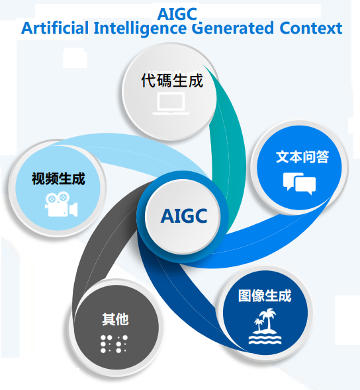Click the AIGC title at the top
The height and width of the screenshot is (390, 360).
pyautogui.click(x=177, y=14)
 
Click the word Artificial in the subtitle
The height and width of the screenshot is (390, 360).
pyautogui.click(x=55, y=28)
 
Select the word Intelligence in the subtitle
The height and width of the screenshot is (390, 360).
pyautogui.click(x=140, y=29)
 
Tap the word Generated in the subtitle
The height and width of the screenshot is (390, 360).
pyautogui.click(x=232, y=28)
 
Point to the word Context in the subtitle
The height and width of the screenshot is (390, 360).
pyautogui.click(x=311, y=28)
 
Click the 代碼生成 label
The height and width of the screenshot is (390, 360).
pyautogui.click(x=172, y=81)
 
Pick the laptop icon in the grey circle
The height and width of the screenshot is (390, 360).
pyautogui.click(x=171, y=103)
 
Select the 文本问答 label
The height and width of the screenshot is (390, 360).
pyautogui.click(x=302, y=157)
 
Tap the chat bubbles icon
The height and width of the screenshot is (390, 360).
pyautogui.click(x=299, y=183)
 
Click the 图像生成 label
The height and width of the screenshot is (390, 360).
pyautogui.click(x=265, y=295)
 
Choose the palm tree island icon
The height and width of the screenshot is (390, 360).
pyautogui.click(x=265, y=326)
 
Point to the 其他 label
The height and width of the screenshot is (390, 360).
pyautogui.click(x=115, y=319)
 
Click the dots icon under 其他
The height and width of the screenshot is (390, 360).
pyautogui.click(x=114, y=344)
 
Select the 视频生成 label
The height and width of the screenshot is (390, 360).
pyautogui.click(x=58, y=178)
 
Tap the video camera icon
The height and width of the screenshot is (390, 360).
pyautogui.click(x=61, y=204)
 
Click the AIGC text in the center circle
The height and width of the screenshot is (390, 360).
pyautogui.click(x=184, y=216)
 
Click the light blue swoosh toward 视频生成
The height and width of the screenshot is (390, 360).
pyautogui.click(x=140, y=152)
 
